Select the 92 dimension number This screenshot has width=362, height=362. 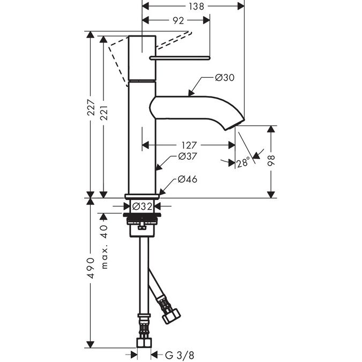(x=179, y=20)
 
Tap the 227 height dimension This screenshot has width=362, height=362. (x=91, y=110)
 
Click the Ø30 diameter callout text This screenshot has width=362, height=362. (x=225, y=78)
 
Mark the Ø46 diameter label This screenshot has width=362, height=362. (x=187, y=179)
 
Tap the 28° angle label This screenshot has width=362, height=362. (x=243, y=162)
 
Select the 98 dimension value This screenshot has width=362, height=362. (x=272, y=161)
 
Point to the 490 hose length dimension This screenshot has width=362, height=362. (x=91, y=268)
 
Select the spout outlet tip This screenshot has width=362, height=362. (x=232, y=127)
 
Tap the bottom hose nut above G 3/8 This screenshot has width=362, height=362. (x=143, y=342)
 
